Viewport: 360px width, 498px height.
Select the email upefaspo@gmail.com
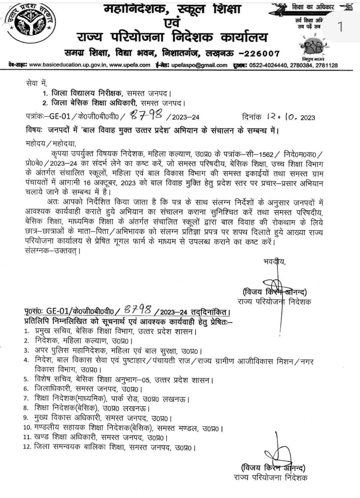tap(199, 65)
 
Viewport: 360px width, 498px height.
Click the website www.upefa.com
tap(130, 65)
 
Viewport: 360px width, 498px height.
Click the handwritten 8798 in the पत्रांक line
tap(146, 115)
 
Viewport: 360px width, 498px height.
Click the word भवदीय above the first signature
tap(274, 261)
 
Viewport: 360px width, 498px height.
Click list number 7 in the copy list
tap(27, 399)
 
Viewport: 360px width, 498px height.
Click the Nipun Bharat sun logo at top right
tap(312, 47)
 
